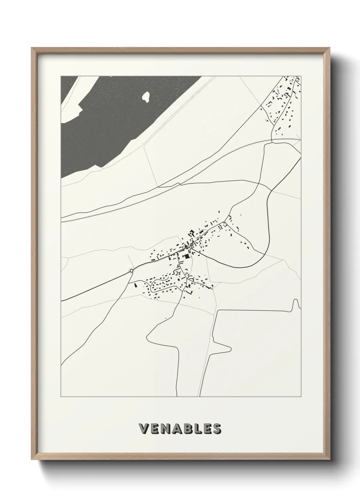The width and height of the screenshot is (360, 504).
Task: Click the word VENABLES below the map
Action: pos(180,429)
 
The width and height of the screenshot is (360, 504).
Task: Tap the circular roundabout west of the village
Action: pos(131,271)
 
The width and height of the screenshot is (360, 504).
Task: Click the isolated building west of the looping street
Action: pos(135,284)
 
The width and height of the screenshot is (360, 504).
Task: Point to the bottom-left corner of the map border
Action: pos(61,397)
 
